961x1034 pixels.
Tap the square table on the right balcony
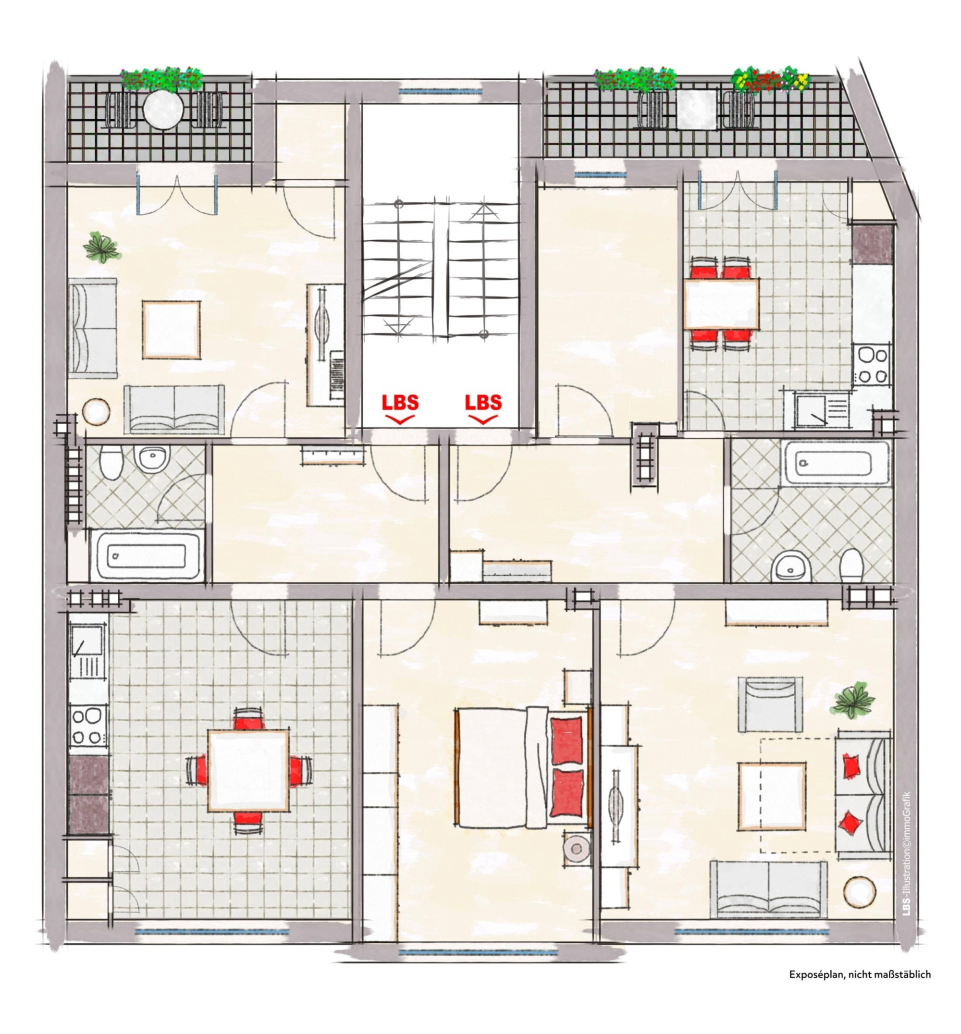click(697, 109)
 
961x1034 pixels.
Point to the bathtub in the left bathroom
click(146, 554)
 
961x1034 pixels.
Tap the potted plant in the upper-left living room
click(103, 247)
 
